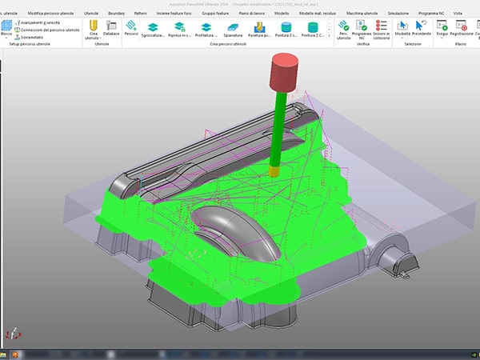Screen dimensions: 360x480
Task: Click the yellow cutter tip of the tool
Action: [274, 170]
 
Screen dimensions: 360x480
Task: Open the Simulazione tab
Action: [398, 14]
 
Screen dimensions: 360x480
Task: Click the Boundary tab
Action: [116, 14]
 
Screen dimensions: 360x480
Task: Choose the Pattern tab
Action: [141, 14]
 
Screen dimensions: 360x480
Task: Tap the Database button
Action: [112, 30]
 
